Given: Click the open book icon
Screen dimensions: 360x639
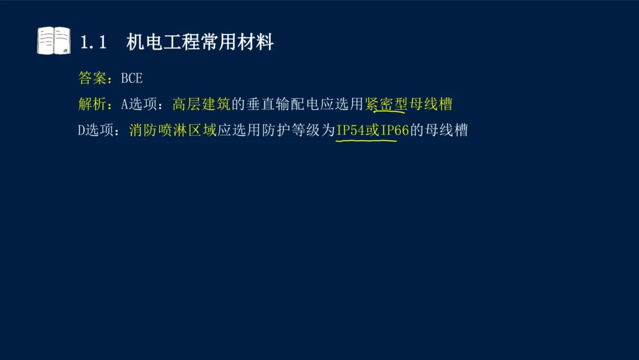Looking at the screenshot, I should click(x=54, y=41).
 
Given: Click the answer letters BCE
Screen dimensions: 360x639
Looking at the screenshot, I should click(x=132, y=78).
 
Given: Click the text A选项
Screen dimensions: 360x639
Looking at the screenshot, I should click(x=138, y=104).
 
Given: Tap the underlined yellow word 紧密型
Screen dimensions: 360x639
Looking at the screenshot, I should click(x=386, y=104).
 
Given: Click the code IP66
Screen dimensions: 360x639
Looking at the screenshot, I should click(x=394, y=130).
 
